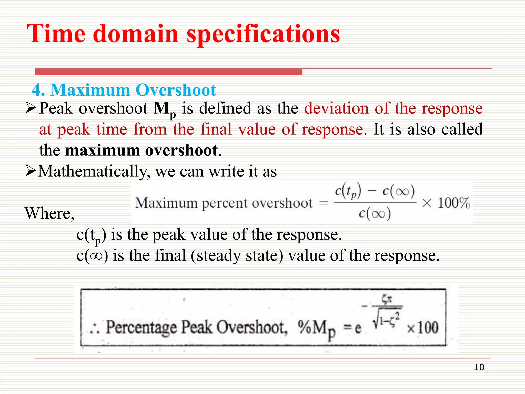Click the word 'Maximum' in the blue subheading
coord(90,90)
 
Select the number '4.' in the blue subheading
coord(38,90)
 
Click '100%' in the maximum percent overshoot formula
coord(453,203)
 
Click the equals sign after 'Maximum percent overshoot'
coord(324,203)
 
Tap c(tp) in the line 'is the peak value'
coord(91,235)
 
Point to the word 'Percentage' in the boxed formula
coord(141,328)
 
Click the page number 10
coord(479,367)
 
